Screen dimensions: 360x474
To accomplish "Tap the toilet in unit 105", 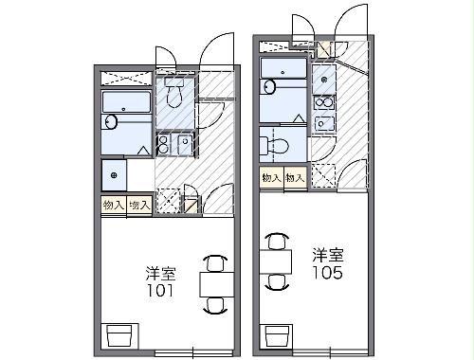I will pos(276,146).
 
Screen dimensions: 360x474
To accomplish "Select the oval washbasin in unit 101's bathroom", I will pos(111,121).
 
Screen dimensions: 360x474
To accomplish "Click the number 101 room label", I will pos(159,292).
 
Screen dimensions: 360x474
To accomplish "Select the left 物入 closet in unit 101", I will pos(113,205).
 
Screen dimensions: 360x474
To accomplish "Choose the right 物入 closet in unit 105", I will pos(295,177).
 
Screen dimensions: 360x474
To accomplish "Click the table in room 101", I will pos(215,283).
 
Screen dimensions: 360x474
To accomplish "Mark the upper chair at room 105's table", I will pos(277,240).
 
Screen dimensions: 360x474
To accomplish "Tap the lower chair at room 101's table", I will pos(215,305).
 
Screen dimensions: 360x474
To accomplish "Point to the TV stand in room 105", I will pos(277,334).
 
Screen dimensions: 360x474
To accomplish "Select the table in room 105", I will pos(277,260).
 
